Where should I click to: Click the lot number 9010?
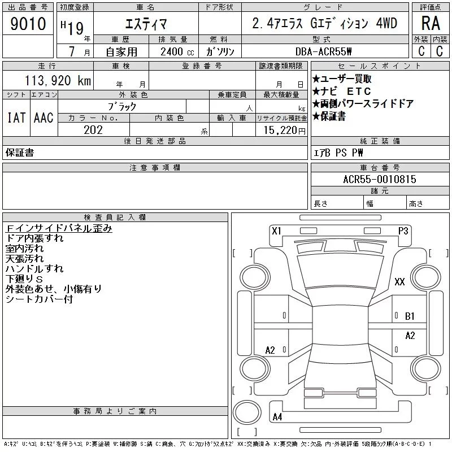28,24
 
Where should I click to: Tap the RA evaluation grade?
431,23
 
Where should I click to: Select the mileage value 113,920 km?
58,80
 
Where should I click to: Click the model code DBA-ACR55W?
323,51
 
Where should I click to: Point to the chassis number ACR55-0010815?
380,179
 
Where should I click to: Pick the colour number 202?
93,130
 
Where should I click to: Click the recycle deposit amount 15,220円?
285,131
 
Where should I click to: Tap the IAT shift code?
16,118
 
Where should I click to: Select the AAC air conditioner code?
44,118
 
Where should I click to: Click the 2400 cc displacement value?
177,52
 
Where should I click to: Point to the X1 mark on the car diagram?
276,231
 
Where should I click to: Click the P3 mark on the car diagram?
403,231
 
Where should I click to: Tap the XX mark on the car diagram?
399,281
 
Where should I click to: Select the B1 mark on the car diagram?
410,316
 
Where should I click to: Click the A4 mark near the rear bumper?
277,417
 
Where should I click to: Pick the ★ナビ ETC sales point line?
342,92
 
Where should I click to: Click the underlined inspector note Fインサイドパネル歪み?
59,228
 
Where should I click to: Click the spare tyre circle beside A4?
247,412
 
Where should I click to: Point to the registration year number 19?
76,28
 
